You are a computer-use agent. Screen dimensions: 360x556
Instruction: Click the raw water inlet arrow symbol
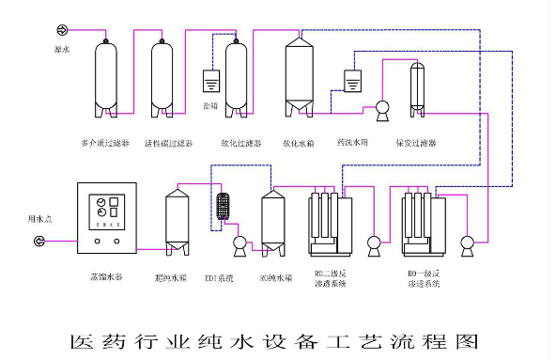(63, 30)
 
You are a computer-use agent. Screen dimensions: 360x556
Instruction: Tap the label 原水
(62, 46)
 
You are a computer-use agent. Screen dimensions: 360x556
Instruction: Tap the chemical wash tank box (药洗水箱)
(353, 82)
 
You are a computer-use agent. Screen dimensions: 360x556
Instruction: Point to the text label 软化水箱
(298, 144)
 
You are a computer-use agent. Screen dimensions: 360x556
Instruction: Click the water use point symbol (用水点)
(39, 242)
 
